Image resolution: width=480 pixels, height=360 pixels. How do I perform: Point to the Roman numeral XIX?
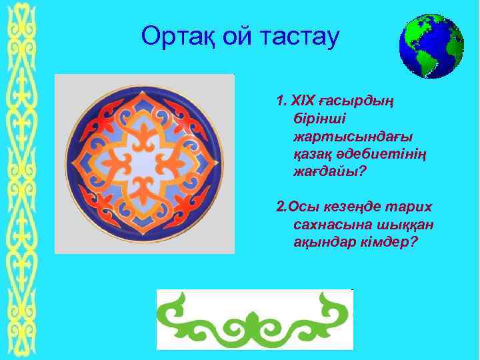[302, 102]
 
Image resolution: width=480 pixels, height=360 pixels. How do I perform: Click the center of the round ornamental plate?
[145, 164]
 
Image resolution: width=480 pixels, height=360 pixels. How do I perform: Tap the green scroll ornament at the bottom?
[254, 319]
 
